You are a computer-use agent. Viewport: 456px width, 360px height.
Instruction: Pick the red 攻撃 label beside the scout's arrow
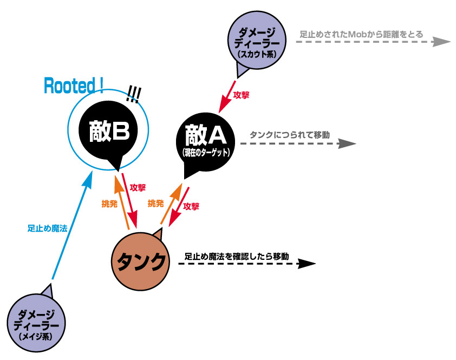click(241, 95)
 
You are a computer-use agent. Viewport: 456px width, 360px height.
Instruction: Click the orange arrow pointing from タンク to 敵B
click(122, 200)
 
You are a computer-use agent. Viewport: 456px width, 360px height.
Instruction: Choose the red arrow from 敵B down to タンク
click(131, 200)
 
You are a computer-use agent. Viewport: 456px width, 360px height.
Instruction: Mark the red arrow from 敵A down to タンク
click(179, 208)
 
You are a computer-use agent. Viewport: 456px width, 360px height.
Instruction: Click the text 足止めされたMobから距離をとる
click(362, 34)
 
